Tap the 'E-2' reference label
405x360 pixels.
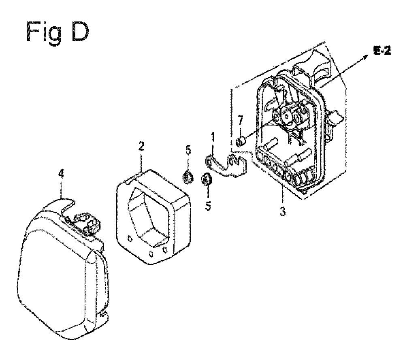click(x=382, y=51)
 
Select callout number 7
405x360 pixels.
click(x=240, y=121)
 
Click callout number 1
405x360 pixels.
click(x=213, y=137)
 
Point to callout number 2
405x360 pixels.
click(x=141, y=147)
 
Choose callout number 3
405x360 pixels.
click(x=283, y=212)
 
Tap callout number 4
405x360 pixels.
click(x=61, y=174)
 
